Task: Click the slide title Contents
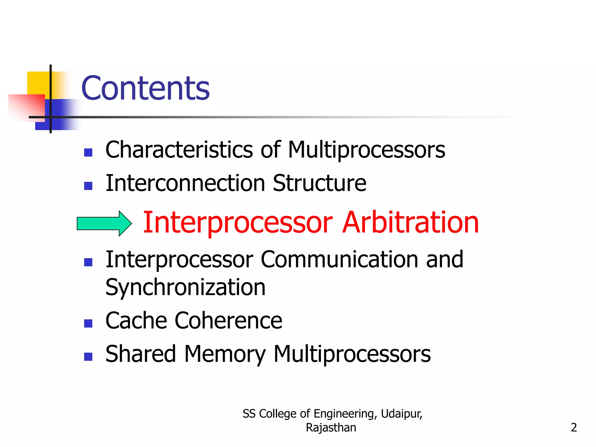145,88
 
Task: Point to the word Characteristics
179,150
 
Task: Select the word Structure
320,183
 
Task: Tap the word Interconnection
185,183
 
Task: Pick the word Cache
136,320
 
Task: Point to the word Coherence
228,320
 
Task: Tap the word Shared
141,354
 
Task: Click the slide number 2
574,428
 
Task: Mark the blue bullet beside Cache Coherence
88,323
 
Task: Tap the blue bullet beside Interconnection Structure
88,186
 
